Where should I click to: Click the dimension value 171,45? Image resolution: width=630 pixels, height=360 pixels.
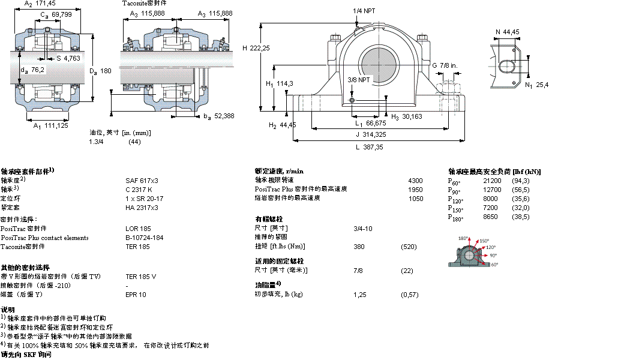(46, 4)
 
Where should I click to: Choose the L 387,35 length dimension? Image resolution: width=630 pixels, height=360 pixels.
(368, 146)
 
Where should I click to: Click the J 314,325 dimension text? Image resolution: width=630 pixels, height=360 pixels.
(370, 134)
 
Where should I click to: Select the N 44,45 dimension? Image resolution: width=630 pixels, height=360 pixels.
(507, 32)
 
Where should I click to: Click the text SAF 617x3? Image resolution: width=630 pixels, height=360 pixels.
(142, 180)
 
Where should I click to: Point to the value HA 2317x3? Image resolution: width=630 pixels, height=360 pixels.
(142, 207)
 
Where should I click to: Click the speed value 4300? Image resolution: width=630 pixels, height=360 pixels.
(415, 180)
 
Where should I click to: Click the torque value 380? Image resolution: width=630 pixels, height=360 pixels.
(359, 247)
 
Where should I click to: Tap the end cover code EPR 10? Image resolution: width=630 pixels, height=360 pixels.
(136, 295)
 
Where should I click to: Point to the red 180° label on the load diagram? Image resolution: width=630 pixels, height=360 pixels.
(463, 239)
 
